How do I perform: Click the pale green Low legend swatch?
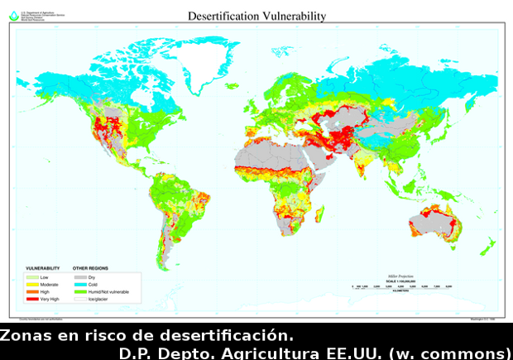tap(33, 276)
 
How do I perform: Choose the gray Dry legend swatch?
tap(79, 276)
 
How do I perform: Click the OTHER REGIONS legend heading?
tap(90, 269)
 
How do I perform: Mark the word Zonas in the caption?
tap(22, 336)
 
